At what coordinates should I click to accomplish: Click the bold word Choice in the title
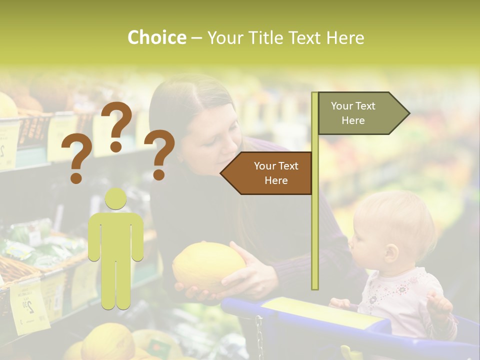click(x=156, y=37)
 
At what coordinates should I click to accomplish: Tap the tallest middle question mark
click(x=116, y=125)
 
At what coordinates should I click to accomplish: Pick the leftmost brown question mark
click(x=76, y=159)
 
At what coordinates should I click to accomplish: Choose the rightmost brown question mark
click(x=160, y=154)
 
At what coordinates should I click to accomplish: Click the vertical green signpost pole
click(x=314, y=190)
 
